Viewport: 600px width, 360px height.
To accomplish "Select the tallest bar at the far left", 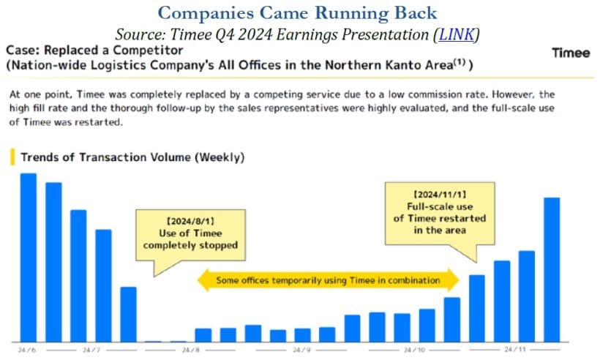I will click(x=29, y=256).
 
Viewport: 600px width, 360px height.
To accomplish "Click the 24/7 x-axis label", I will click(x=91, y=350).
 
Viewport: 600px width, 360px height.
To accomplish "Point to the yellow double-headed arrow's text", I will click(x=328, y=280).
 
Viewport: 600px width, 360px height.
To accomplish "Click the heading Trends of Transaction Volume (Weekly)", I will click(x=132, y=157).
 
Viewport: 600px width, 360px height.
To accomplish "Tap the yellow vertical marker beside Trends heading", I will click(x=11, y=157).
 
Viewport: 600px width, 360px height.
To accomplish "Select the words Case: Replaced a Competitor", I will click(x=94, y=51).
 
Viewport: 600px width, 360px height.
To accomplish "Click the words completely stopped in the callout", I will click(x=190, y=245).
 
